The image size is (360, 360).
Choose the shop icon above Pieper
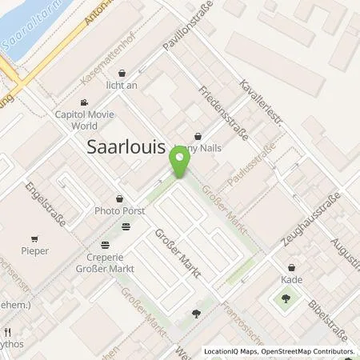pos(34,238)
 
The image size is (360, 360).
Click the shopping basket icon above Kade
pos(291,267)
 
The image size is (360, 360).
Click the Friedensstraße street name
pos(223,114)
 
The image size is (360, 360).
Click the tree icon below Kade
pos(286,300)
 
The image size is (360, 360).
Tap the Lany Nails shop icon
pos(197,135)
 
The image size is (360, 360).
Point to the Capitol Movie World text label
pos(102,119)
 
